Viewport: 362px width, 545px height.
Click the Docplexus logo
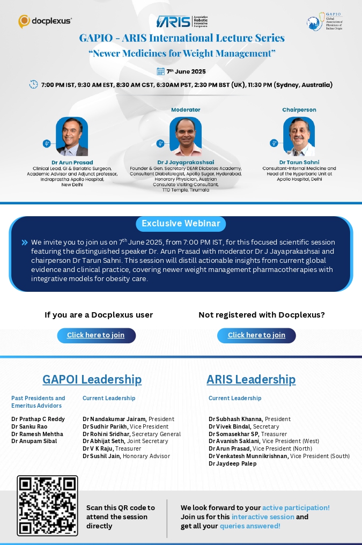coord(45,21)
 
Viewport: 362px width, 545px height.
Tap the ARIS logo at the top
coord(182,21)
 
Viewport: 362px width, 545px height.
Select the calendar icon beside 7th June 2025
coord(160,71)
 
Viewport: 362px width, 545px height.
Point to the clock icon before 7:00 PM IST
coord(34,84)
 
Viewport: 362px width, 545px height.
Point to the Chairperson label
coord(299,109)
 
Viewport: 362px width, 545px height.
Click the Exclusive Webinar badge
coord(181,224)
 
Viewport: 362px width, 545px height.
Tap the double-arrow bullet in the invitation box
coord(25,242)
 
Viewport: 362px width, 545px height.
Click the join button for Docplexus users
coord(96,335)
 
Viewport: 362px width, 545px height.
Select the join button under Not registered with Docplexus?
coord(256,335)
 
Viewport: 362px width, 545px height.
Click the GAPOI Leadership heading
coord(92,380)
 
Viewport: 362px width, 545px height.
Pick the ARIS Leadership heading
coord(251,380)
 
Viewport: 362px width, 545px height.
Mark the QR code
coord(47,505)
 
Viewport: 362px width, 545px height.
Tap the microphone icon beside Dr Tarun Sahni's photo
coord(274,143)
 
